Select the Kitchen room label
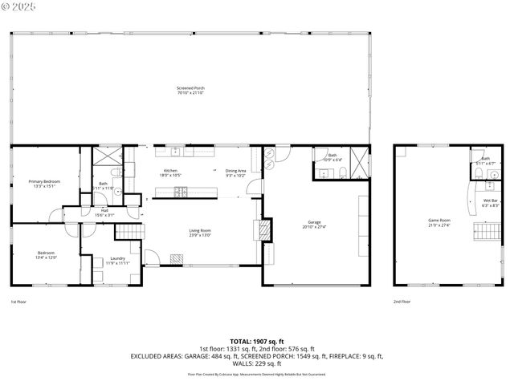(170, 171)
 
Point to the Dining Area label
(235, 171)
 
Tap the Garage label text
(314, 222)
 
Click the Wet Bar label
(490, 201)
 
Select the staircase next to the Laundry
(129, 232)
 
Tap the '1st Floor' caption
(18, 302)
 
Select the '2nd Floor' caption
(402, 302)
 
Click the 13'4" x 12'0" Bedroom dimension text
(46, 258)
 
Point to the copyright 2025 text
(17, 6)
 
